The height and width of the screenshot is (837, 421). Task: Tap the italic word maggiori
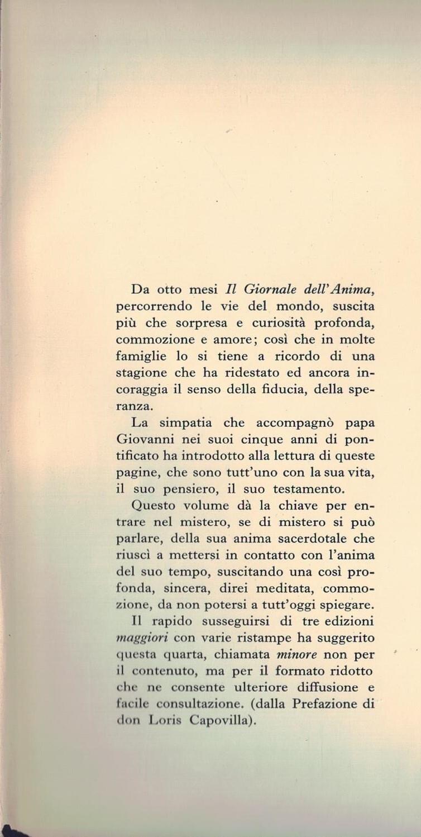pos(142,638)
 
